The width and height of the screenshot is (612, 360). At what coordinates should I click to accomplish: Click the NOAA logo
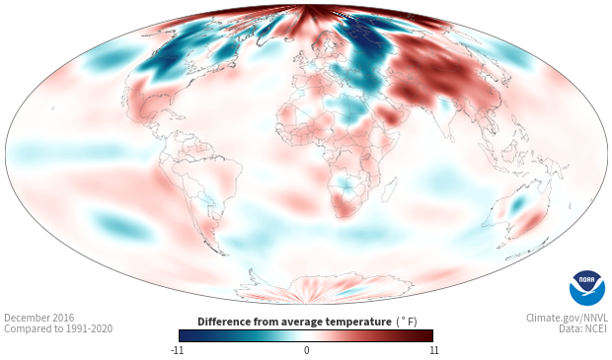click(x=587, y=288)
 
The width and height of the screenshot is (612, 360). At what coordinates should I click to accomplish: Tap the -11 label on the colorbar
click(x=177, y=350)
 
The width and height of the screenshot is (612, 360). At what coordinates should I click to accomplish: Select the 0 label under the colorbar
click(x=306, y=350)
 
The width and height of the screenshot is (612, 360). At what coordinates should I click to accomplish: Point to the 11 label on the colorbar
click(x=433, y=350)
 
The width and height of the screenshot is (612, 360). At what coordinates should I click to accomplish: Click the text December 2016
click(x=39, y=318)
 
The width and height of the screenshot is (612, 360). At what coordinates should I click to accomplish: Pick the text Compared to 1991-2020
click(x=58, y=328)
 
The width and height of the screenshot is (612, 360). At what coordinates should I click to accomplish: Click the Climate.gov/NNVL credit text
click(x=567, y=318)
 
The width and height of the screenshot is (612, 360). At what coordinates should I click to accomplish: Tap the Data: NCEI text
click(x=583, y=328)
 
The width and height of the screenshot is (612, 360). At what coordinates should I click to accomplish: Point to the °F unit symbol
click(x=407, y=322)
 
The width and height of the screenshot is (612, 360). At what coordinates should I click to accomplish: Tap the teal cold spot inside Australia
click(x=518, y=203)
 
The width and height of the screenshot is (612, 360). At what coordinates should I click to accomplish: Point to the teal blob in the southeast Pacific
click(x=123, y=226)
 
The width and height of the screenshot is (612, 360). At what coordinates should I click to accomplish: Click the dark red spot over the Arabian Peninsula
click(x=389, y=113)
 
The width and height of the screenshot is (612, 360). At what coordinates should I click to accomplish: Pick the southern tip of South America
click(x=223, y=253)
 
